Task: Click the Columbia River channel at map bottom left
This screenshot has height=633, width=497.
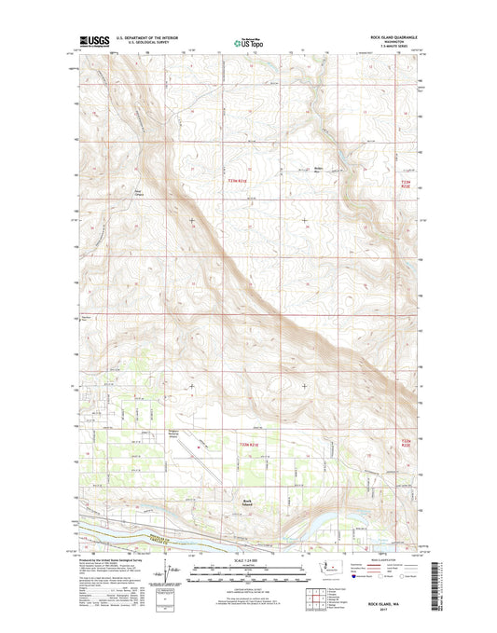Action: pyautogui.click(x=121, y=533)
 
